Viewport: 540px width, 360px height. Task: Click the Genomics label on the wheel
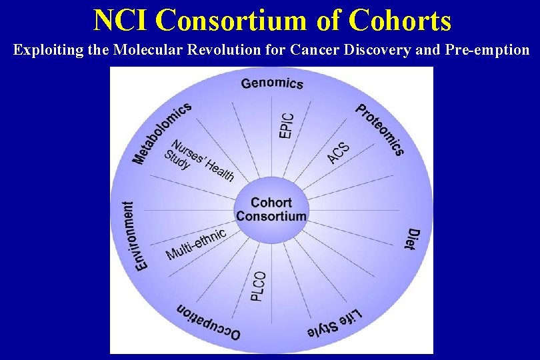click(x=272, y=83)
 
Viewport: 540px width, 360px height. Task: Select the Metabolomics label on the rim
click(x=162, y=133)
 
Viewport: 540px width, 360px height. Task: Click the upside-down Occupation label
click(x=208, y=321)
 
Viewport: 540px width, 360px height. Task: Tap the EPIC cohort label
click(x=286, y=124)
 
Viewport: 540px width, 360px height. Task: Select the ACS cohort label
click(x=339, y=153)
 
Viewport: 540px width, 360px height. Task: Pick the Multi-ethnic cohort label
click(x=196, y=244)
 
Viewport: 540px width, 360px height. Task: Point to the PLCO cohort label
click(x=259, y=286)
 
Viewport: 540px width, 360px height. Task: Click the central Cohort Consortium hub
click(x=271, y=209)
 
